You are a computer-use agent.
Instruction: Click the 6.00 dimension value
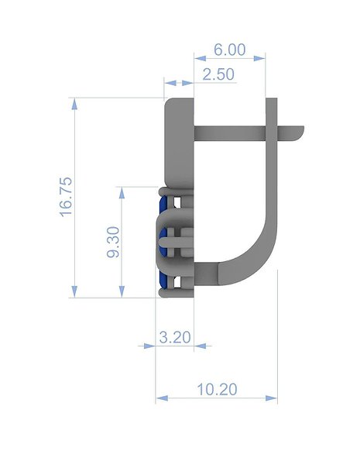(x=230, y=50)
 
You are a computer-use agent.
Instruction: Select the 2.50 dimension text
(x=218, y=74)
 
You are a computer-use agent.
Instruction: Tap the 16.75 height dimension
(x=66, y=197)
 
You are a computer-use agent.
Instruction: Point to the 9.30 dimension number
(x=113, y=242)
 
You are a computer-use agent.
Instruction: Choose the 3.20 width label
(x=175, y=337)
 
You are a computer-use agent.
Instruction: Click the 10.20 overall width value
(x=217, y=389)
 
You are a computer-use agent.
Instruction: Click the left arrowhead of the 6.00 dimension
(x=200, y=58)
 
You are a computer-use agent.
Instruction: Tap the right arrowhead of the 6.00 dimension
(x=259, y=58)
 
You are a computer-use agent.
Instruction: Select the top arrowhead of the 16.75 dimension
(x=74, y=104)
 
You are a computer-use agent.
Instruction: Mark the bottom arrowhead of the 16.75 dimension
(x=74, y=291)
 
